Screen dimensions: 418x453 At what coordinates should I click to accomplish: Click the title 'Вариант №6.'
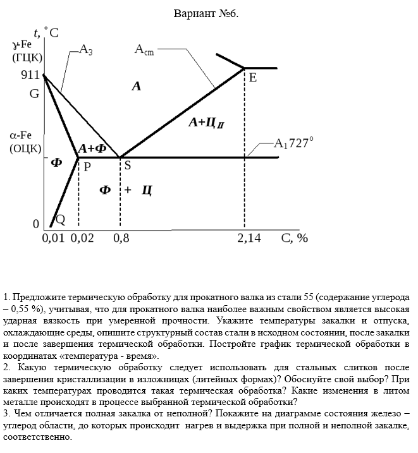[206, 13]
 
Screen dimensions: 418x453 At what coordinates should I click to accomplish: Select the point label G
[34, 94]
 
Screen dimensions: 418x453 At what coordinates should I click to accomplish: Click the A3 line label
[86, 51]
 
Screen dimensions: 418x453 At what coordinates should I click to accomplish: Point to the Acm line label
[144, 51]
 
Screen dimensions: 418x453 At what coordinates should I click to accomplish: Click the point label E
[252, 78]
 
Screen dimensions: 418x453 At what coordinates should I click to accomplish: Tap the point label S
[127, 166]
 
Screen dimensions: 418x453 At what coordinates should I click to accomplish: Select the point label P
[87, 167]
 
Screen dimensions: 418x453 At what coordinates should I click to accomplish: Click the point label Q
[61, 219]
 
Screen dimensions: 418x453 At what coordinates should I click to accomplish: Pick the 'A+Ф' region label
[92, 148]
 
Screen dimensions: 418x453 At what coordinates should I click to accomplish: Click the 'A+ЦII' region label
[206, 123]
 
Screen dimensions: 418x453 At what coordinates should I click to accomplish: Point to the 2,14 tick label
[249, 238]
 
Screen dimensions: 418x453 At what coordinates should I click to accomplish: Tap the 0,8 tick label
[121, 238]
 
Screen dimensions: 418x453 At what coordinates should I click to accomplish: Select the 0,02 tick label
[82, 238]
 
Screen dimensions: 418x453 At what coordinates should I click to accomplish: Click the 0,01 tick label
[53, 238]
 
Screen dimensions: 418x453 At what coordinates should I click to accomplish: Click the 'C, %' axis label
[295, 238]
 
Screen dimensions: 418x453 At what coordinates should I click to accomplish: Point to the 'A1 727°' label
[293, 143]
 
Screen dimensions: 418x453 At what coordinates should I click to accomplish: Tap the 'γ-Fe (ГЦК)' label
[27, 51]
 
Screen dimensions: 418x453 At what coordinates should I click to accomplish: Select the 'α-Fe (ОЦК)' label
[26, 142]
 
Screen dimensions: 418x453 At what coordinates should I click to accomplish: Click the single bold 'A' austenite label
[136, 87]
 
